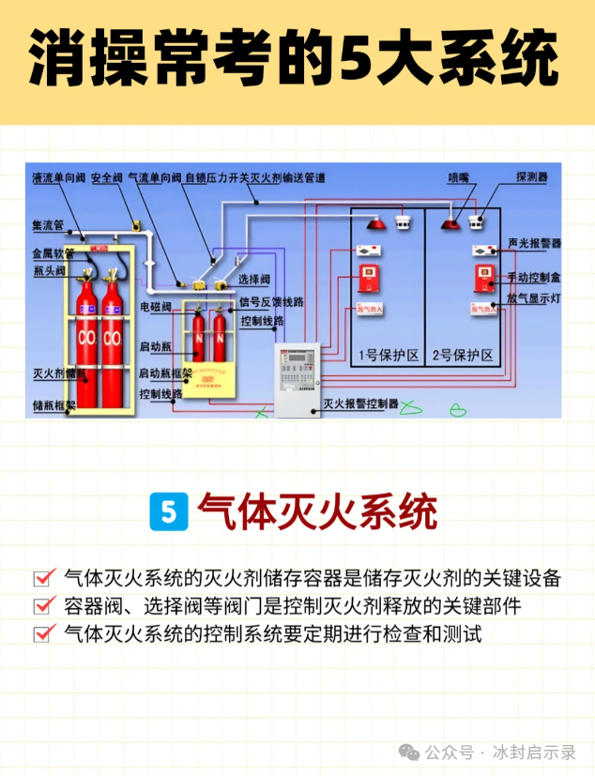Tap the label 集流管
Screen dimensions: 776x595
coord(47,226)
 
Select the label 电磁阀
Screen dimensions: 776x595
coord(156,307)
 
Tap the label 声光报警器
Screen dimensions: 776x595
coord(534,243)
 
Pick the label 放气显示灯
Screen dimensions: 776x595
coord(533,298)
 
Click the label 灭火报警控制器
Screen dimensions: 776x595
coord(361,404)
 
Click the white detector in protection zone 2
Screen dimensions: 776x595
coord(477,222)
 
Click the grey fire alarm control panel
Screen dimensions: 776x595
coord(296,375)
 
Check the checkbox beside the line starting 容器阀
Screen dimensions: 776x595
coord(42,606)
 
